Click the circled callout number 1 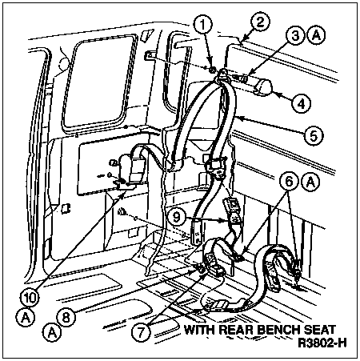click(x=203, y=25)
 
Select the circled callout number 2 click(x=259, y=21)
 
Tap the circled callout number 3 click(x=296, y=36)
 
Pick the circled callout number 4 click(x=301, y=102)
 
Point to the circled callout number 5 click(x=314, y=135)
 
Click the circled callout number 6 click(x=290, y=182)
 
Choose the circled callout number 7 click(x=141, y=331)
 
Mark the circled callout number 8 click(x=66, y=317)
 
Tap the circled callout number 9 click(x=177, y=217)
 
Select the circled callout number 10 click(x=30, y=297)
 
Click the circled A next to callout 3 click(x=316, y=36)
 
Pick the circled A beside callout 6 click(x=310, y=182)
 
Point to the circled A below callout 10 click(x=26, y=318)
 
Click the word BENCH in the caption click(x=280, y=330)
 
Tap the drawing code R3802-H click(x=322, y=343)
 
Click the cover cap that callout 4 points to click(x=262, y=86)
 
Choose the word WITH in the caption click(x=200, y=330)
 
